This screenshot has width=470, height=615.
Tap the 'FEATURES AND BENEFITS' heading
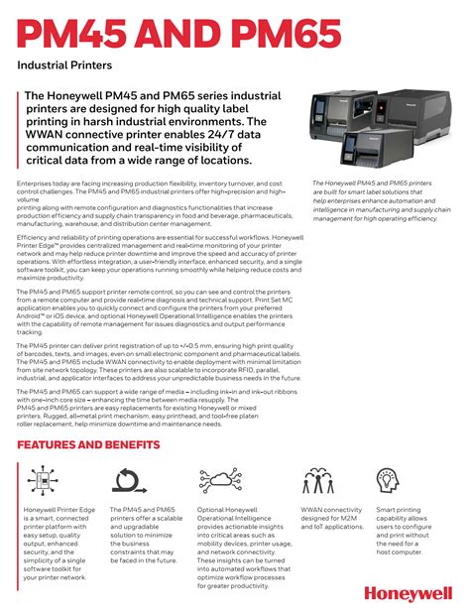pos(88,444)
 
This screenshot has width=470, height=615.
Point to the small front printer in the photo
pos(360,148)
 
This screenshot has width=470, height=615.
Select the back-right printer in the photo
pos(416,118)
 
